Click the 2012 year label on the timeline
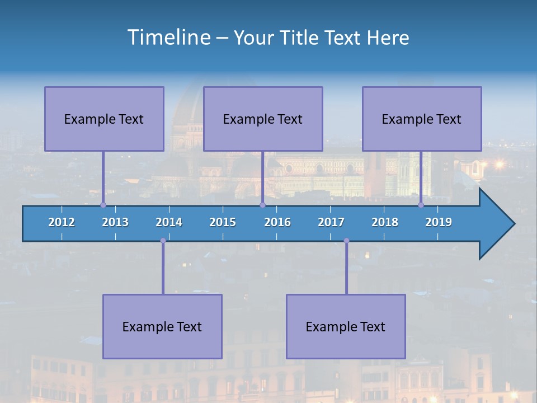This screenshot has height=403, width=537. click(x=62, y=222)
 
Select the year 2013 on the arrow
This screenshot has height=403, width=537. click(x=115, y=222)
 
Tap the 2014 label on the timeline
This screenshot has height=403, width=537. click(x=169, y=222)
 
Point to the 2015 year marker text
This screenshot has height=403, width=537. click(x=223, y=222)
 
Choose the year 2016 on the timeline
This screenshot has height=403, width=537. click(x=277, y=222)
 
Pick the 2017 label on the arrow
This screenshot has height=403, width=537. click(x=331, y=222)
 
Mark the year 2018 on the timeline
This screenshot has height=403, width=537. click(x=385, y=222)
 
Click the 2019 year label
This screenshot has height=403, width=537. click(x=439, y=222)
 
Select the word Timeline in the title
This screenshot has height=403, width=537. click(x=168, y=37)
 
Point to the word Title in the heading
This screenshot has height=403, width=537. click(x=300, y=38)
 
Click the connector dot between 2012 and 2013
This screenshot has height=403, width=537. click(x=103, y=205)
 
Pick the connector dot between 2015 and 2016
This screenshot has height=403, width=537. click(x=262, y=205)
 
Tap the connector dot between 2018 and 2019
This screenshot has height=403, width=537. click(x=421, y=205)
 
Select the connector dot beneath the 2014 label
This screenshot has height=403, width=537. click(x=163, y=241)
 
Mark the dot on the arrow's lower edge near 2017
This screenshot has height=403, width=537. click(x=346, y=241)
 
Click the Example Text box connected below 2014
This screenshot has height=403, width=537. click(x=162, y=326)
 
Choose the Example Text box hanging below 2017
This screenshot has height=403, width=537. click(x=346, y=326)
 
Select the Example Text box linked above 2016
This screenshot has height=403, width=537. click(x=263, y=119)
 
